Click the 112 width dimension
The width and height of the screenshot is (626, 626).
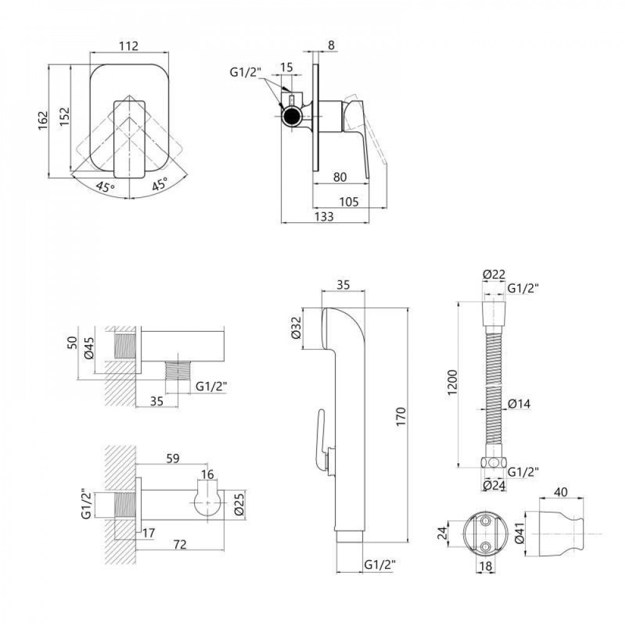tap(129, 46)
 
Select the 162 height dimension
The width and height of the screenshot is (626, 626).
tap(43, 120)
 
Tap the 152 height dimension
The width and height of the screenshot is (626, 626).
tap(64, 116)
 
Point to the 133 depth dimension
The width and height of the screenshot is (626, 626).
tap(324, 217)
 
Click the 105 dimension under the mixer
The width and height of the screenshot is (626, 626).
tap(349, 202)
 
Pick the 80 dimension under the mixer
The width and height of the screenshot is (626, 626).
tap(340, 177)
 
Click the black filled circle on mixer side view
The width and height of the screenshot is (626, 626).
tap(292, 116)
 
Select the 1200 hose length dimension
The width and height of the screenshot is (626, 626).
tap(452, 382)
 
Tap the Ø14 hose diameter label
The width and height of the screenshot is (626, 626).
tap(519, 404)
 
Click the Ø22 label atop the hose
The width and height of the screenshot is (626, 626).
tap(493, 274)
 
